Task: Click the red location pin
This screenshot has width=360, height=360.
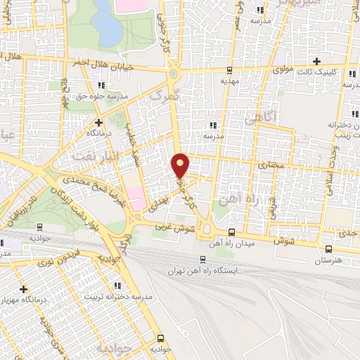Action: click(181, 165)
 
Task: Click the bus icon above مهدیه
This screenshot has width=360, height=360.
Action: click(229, 70)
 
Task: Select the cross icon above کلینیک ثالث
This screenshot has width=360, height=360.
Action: click(318, 61)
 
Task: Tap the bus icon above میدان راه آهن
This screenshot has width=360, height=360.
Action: click(233, 232)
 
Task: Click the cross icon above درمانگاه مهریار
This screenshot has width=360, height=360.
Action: click(24, 288)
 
